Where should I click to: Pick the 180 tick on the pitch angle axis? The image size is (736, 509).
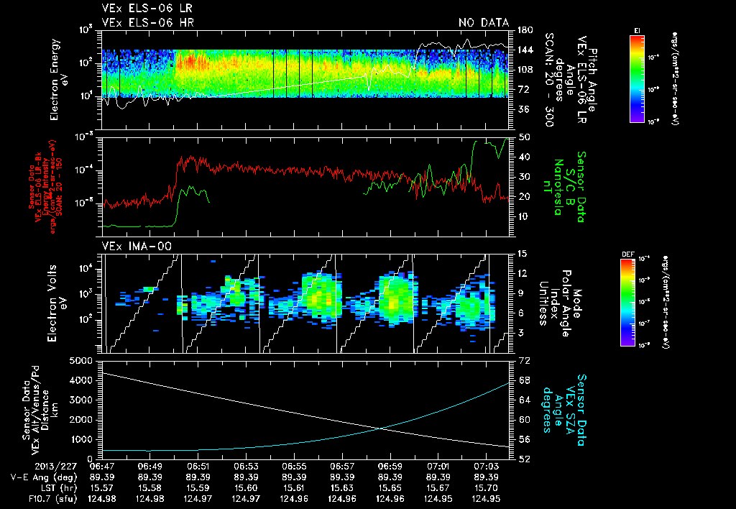pyautogui.click(x=525, y=30)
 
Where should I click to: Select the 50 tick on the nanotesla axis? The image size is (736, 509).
pyautogui.click(x=524, y=137)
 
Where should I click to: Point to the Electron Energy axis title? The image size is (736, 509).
pyautogui.click(x=57, y=76)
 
